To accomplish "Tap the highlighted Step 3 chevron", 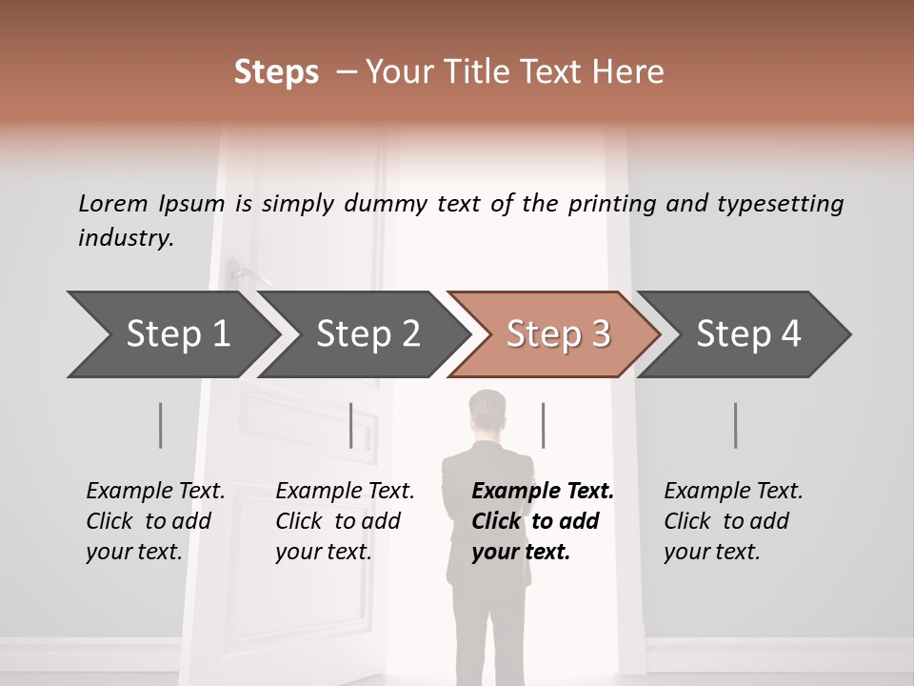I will (558, 334).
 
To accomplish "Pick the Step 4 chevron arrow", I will (748, 334).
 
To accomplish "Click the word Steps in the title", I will (276, 72).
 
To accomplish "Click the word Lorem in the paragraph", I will (113, 203).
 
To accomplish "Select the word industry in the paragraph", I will (125, 238).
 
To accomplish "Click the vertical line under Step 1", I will (160, 425).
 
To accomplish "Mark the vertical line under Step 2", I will (351, 425).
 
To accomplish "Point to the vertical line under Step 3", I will (543, 425).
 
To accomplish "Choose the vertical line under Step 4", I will (735, 425).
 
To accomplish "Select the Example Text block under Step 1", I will (155, 520).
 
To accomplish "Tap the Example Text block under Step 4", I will (733, 520).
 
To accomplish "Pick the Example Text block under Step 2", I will (345, 520).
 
